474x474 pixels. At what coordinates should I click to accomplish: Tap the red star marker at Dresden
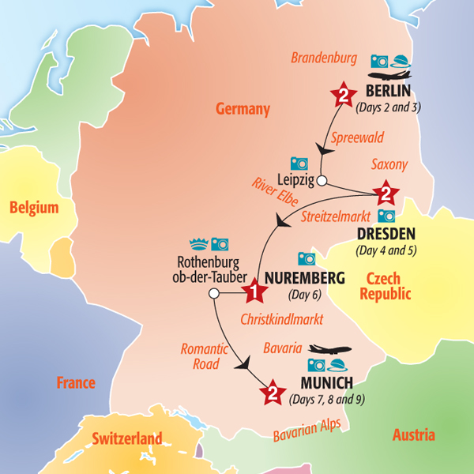tap(385, 192)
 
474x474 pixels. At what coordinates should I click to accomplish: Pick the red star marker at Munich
tap(272, 392)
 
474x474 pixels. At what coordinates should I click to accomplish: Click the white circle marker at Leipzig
tap(322, 181)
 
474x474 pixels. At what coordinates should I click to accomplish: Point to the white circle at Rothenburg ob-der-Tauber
tap(213, 294)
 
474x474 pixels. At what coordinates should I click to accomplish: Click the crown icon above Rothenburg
tap(197, 244)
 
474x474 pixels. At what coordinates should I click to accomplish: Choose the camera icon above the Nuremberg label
tap(306, 258)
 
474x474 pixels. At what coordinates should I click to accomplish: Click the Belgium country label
tap(34, 208)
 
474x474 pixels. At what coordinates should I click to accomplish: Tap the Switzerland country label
tap(127, 438)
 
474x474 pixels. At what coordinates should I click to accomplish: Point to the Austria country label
tap(413, 434)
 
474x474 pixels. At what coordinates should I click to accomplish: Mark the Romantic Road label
tap(205, 355)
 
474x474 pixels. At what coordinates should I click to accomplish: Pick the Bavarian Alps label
tap(307, 430)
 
